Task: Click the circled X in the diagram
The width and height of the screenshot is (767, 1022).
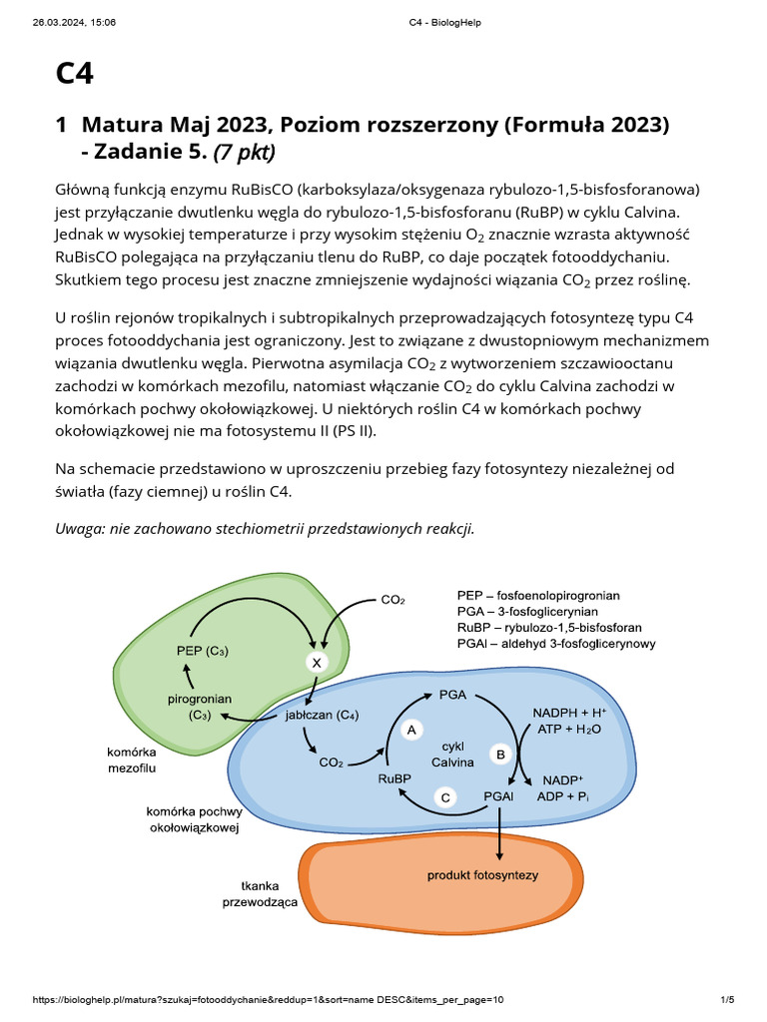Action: click(x=317, y=663)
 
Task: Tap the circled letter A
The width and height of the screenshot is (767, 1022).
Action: click(x=410, y=731)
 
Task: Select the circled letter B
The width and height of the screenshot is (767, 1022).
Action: click(x=501, y=755)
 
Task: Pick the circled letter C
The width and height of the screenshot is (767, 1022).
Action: click(x=445, y=796)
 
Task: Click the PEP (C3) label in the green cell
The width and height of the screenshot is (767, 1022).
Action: click(x=202, y=652)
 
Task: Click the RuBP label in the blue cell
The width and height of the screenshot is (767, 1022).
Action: click(x=396, y=779)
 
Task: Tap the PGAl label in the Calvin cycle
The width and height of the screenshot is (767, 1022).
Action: click(x=498, y=796)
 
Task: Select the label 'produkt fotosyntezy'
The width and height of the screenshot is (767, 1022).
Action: click(x=482, y=875)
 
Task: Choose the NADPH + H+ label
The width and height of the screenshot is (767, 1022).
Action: click(x=569, y=713)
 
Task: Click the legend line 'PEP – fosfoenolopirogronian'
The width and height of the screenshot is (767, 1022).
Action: click(x=538, y=596)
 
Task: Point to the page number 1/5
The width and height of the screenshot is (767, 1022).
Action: click(x=727, y=1000)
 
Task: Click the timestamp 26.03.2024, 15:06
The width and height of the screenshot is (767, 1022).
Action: click(x=74, y=22)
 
